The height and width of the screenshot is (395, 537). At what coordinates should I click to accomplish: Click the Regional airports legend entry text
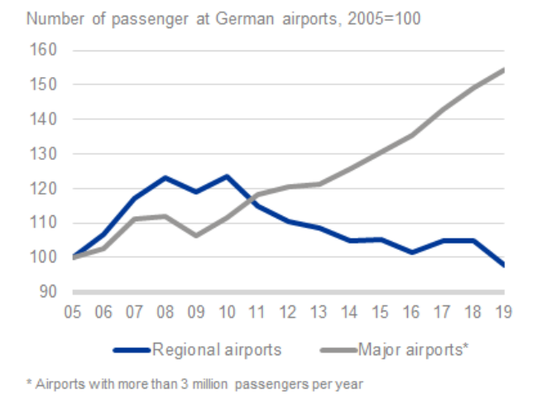point(217,349)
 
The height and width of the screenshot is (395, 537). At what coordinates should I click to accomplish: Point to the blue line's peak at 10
point(226,176)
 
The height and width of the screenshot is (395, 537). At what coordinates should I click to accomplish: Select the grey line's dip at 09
point(195,235)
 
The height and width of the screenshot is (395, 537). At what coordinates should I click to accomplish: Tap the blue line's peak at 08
point(165,177)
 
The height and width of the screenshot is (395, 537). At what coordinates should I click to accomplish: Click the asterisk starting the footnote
point(29,382)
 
